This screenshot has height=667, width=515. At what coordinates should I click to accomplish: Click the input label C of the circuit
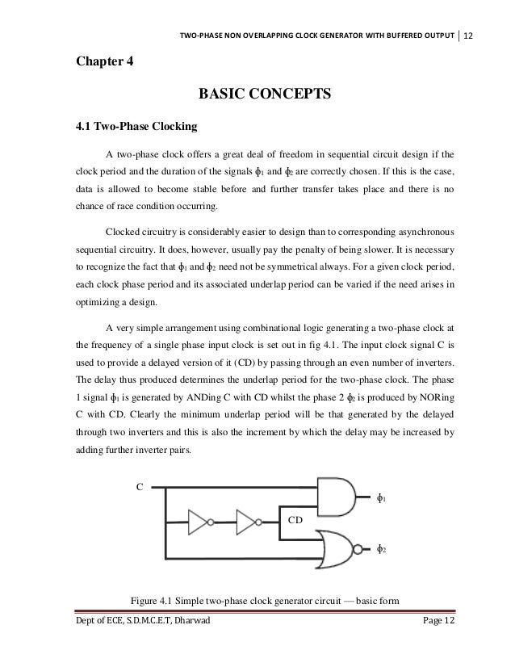[x=140, y=488]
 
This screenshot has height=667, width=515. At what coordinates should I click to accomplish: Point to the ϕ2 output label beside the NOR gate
[x=382, y=550]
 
